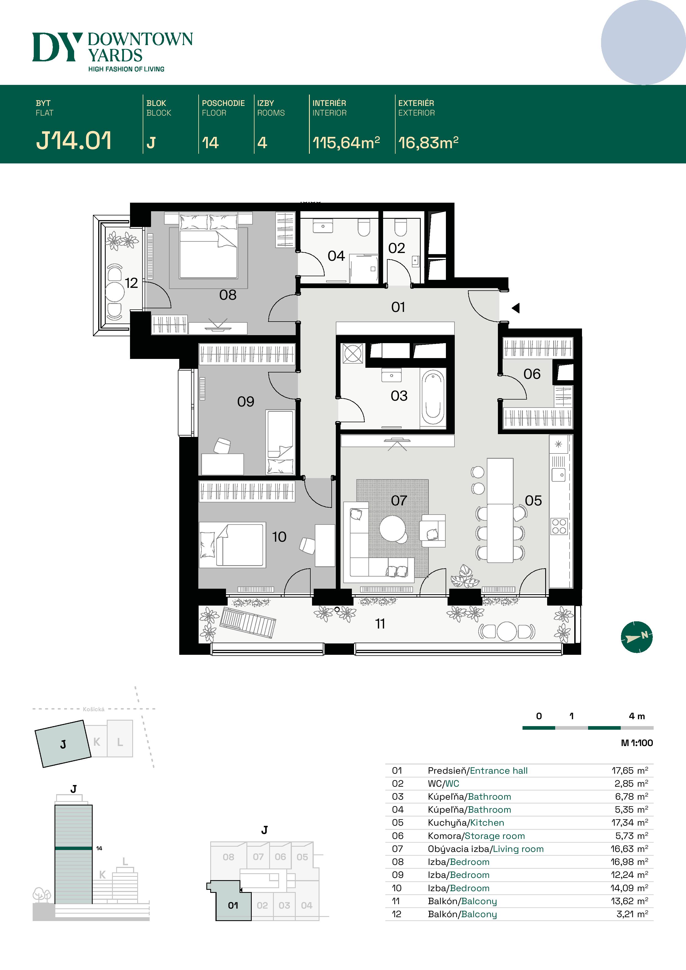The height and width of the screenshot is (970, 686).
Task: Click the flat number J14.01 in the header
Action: coord(74,141)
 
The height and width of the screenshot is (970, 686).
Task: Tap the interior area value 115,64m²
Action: coord(346,143)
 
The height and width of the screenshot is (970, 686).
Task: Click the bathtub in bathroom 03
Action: coord(432,397)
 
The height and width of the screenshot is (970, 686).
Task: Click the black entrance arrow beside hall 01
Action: coord(516,308)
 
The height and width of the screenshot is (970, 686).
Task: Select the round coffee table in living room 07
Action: coord(392,528)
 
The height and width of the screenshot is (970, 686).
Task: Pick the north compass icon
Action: coord(636,637)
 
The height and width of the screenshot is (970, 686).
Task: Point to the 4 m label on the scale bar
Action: coord(636,716)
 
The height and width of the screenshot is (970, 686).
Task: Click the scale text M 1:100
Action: coord(636,743)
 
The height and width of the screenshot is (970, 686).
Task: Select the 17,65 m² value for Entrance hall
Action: coord(629,771)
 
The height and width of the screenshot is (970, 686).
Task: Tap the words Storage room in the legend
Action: coord(495,836)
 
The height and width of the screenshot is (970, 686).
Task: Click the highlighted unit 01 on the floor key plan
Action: coord(233,905)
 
